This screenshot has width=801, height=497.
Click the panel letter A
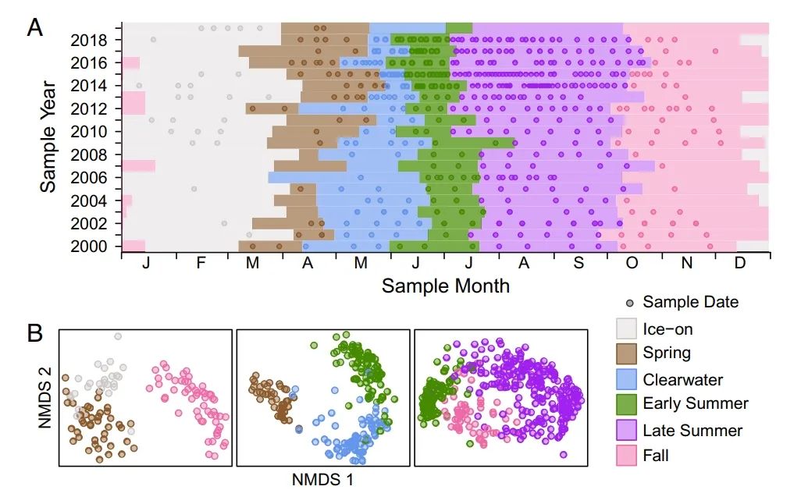click(x=35, y=28)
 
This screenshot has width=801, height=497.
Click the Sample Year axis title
click(x=48, y=136)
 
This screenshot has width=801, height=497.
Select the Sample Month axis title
click(x=445, y=286)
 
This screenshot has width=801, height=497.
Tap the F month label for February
click(x=201, y=264)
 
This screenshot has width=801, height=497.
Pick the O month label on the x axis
click(x=632, y=264)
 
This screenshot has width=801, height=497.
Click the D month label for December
click(x=739, y=264)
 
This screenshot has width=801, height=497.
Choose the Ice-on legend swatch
click(x=627, y=328)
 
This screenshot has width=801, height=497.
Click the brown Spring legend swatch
click(x=627, y=353)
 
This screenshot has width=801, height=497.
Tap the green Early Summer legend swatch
click(x=627, y=403)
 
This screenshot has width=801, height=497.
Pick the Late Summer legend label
click(x=692, y=429)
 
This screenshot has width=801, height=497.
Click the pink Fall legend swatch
click(x=627, y=454)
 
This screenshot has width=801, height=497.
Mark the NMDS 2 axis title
click(x=45, y=398)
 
